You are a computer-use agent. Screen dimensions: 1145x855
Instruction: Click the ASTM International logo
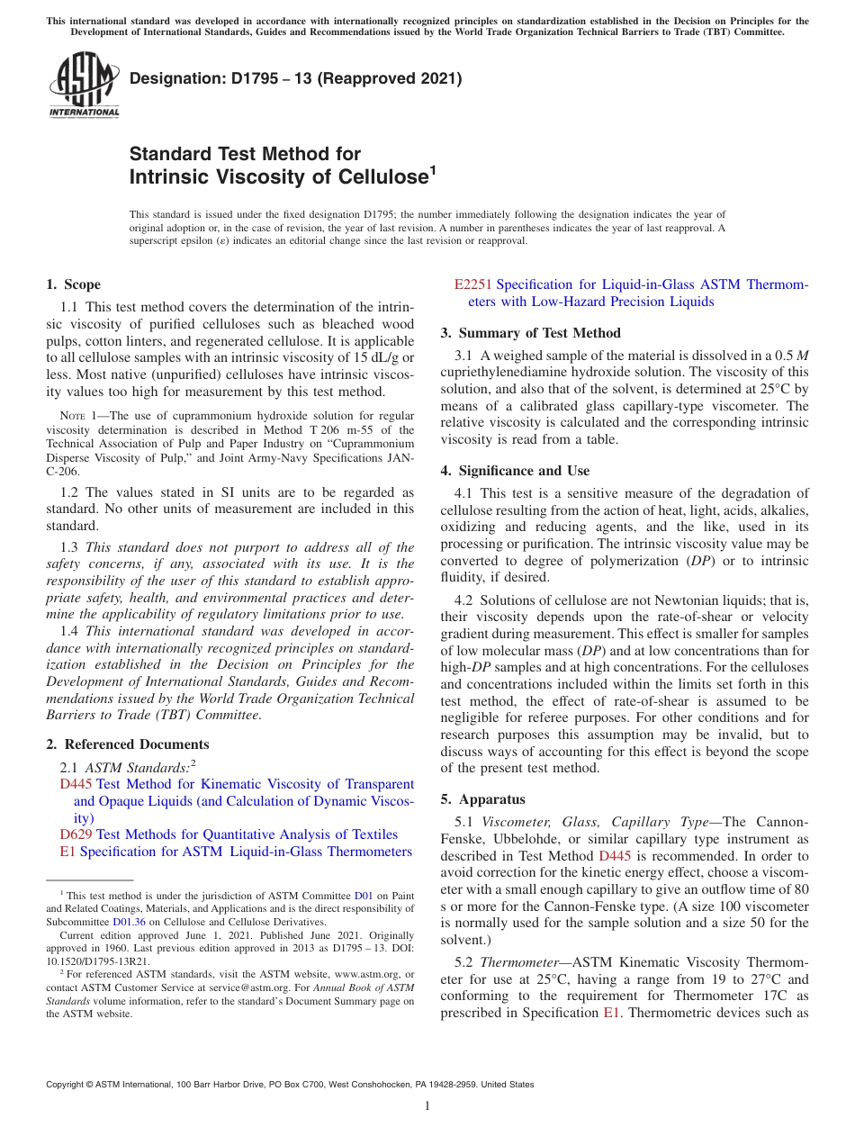pyautogui.click(x=84, y=86)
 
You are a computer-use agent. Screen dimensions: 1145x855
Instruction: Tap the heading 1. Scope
pyautogui.click(x=73, y=284)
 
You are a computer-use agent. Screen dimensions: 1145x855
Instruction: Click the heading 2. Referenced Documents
pyautogui.click(x=127, y=744)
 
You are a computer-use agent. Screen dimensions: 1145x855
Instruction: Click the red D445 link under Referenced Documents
pyautogui.click(x=76, y=785)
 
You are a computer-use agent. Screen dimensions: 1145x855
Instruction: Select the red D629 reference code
pyautogui.click(x=76, y=834)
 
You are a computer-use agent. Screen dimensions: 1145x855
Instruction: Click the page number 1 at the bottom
pyautogui.click(x=427, y=1106)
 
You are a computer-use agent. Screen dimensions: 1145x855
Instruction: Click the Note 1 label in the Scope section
pyautogui.click(x=78, y=416)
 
